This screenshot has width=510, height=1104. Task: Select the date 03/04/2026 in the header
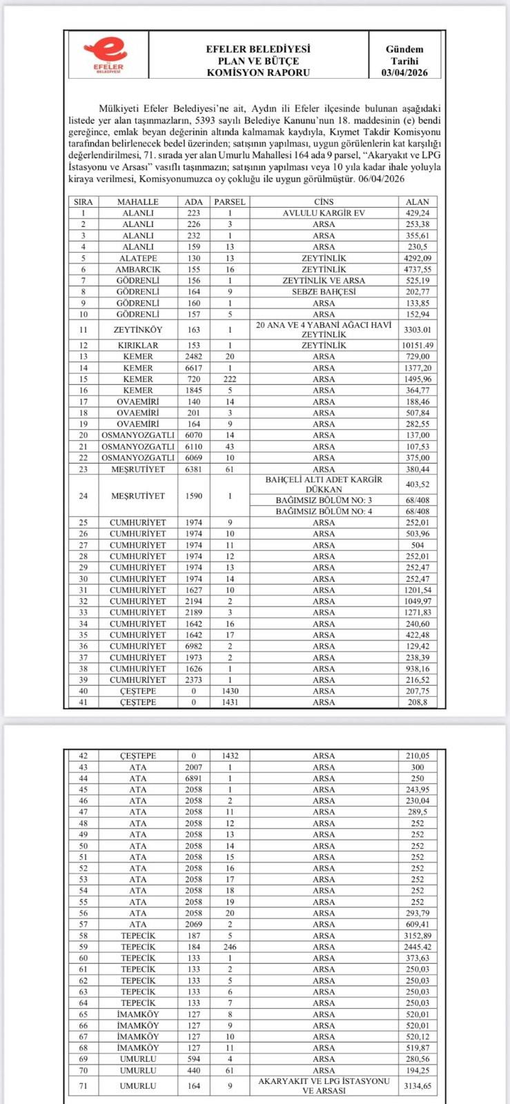[404, 72]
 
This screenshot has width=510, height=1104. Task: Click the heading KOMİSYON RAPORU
[258, 72]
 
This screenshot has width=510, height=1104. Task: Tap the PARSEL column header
[230, 201]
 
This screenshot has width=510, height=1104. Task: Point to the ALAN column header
[418, 201]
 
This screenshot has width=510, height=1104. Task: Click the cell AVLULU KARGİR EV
[324, 213]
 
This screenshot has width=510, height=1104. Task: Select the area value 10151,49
[418, 345]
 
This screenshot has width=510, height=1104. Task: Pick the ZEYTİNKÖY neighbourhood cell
[138, 330]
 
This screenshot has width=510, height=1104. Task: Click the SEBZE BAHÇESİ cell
[324, 292]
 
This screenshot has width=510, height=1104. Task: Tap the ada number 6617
[194, 368]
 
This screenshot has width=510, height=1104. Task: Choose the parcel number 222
[230, 379]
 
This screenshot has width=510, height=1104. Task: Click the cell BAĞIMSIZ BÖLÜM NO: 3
[324, 500]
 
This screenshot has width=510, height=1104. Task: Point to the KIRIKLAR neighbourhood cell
[138, 345]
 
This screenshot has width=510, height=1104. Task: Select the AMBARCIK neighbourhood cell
[138, 269]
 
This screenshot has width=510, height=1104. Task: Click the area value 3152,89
[418, 936]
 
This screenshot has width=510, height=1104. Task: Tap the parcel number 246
[230, 947]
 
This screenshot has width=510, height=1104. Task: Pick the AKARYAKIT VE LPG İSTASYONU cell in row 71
[324, 1085]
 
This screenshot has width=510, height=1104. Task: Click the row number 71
[84, 1085]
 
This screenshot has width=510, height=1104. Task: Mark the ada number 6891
[194, 778]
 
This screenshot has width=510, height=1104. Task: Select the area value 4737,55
[418, 269]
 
